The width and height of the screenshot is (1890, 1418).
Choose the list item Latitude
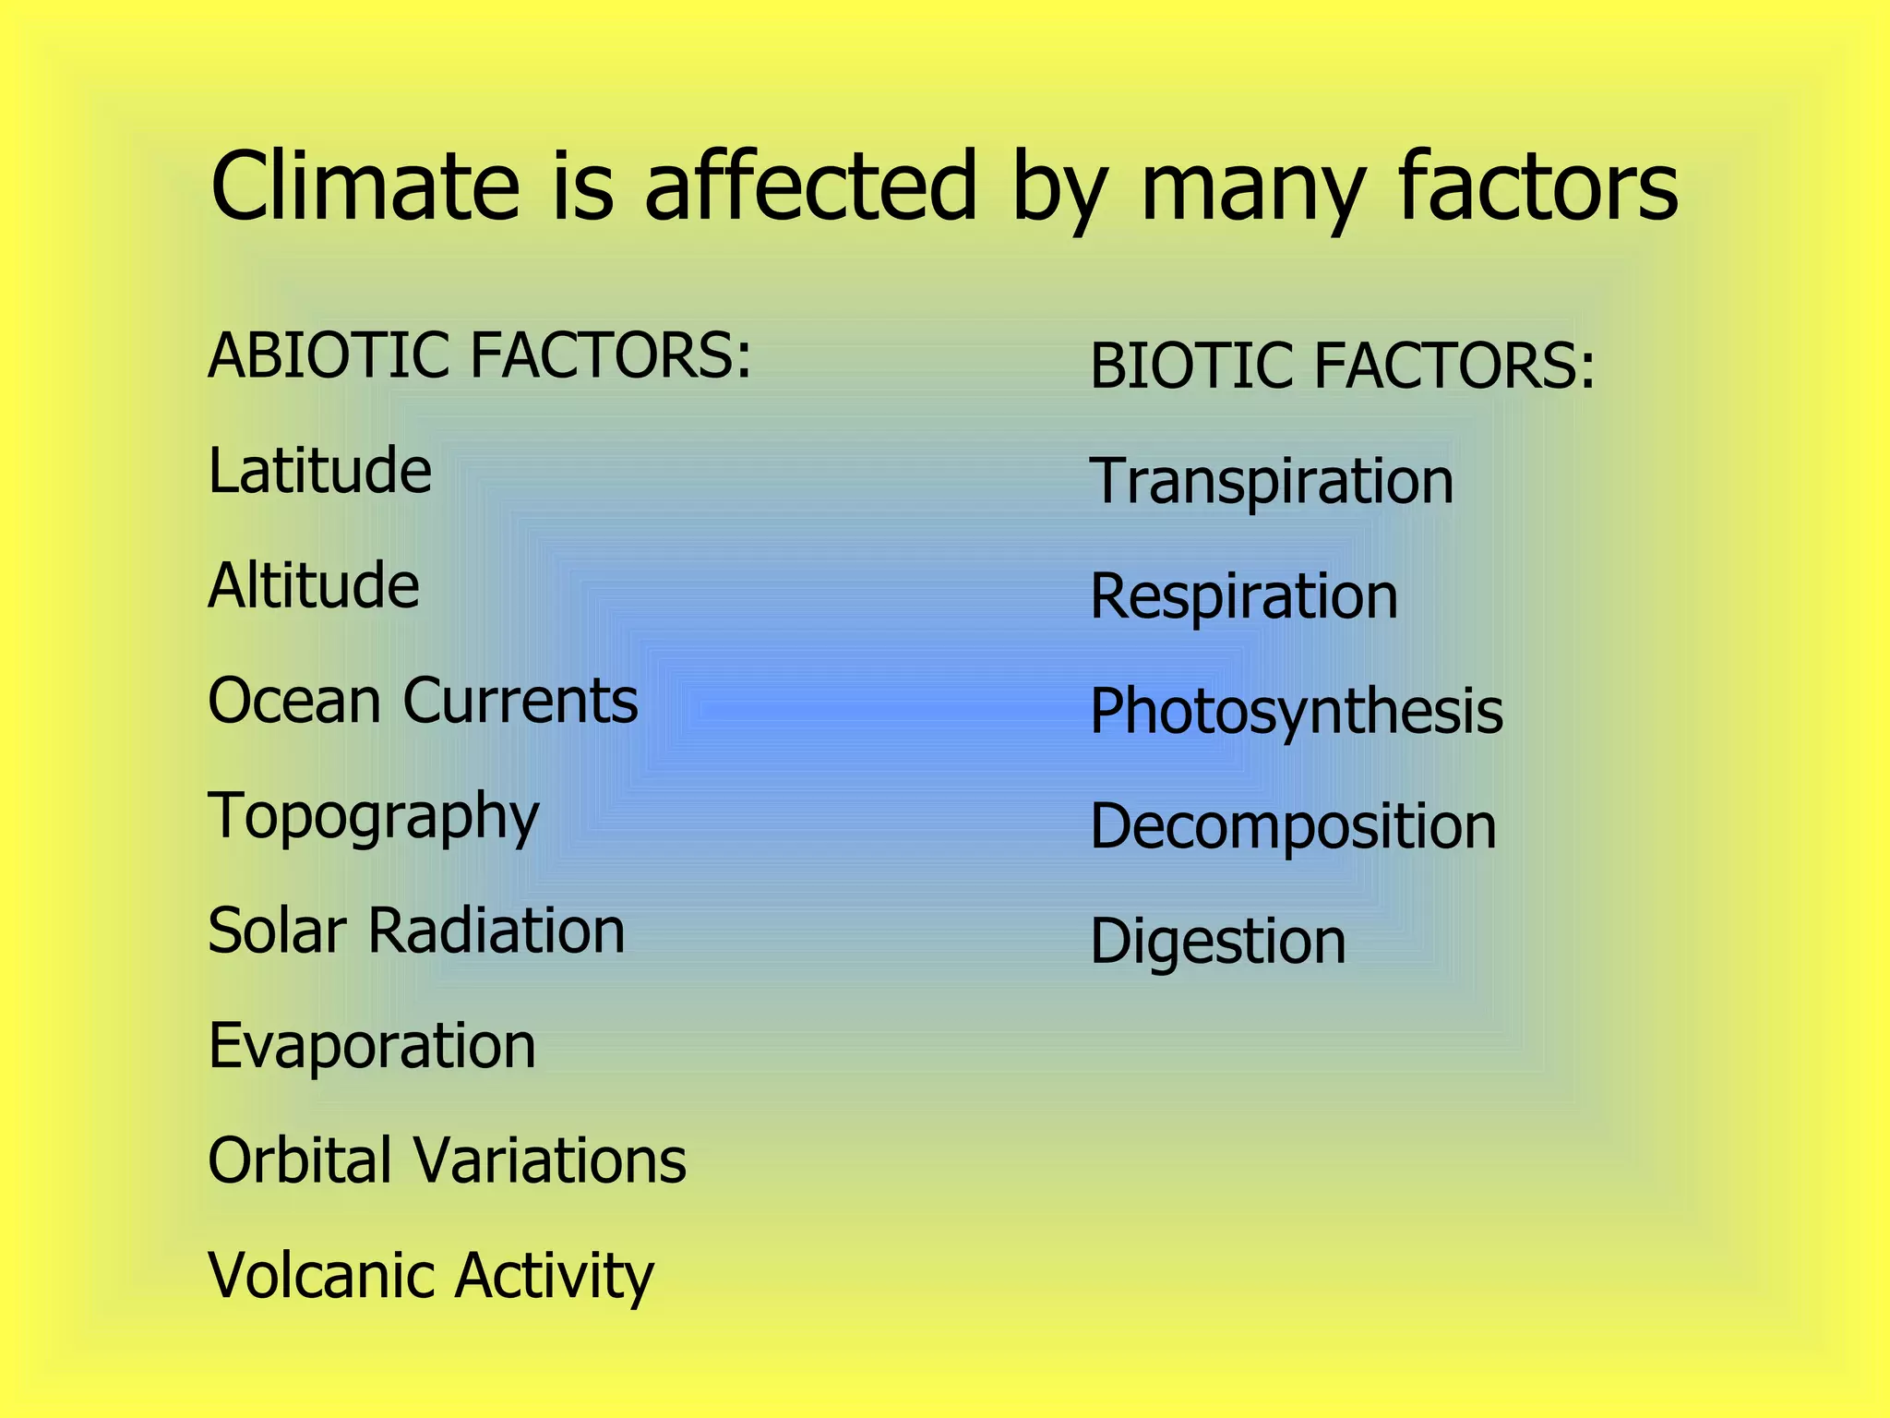(319, 471)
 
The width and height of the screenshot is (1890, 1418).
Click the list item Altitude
(314, 585)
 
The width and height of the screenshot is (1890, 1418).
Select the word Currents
(520, 701)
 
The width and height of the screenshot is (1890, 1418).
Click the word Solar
(278, 931)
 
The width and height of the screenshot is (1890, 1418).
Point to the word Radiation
(496, 931)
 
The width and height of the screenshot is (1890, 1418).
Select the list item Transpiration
(1272, 482)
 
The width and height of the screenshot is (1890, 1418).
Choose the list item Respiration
(1244, 596)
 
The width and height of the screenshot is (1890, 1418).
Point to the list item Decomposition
(1293, 827)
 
